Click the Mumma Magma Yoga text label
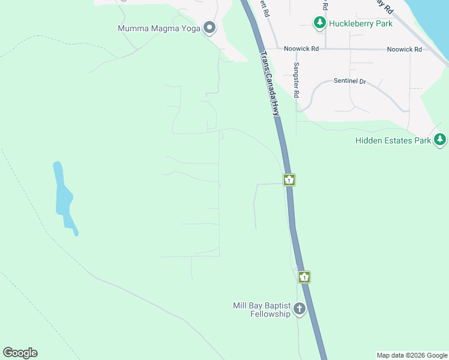click(x=159, y=28)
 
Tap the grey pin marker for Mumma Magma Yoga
click(x=209, y=27)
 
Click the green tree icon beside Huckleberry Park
click(x=320, y=23)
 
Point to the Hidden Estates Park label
click(x=393, y=140)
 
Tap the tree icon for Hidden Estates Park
click(x=441, y=140)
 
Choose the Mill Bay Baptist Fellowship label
click(x=262, y=310)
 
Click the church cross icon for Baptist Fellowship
click(x=299, y=310)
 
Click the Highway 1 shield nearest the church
click(x=305, y=277)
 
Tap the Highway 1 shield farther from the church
click(x=289, y=179)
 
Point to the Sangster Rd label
click(x=296, y=80)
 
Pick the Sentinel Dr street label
click(x=350, y=81)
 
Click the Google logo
click(x=20, y=353)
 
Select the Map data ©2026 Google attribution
click(x=412, y=355)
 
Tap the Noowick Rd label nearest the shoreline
click(x=404, y=49)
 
